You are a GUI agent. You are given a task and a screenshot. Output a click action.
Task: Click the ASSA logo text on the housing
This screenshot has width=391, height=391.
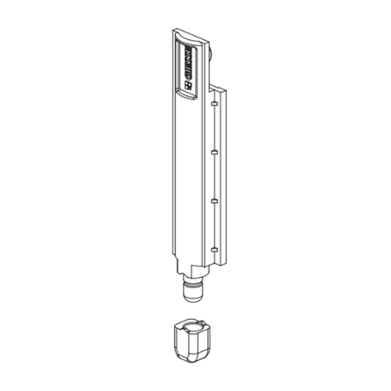coord(188,64)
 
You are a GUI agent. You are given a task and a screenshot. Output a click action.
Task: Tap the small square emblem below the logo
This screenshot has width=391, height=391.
coord(189,85)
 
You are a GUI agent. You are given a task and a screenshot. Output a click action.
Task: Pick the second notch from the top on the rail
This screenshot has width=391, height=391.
coord(213,151)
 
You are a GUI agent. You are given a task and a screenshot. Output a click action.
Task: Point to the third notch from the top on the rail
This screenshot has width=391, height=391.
coord(213,201)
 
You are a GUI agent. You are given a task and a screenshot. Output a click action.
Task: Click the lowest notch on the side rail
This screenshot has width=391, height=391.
coord(213,250)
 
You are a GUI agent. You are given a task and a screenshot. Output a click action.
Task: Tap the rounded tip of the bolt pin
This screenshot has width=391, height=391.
coord(193,297)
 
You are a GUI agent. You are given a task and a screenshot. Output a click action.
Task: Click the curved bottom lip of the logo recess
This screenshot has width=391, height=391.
coord(187,96)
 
